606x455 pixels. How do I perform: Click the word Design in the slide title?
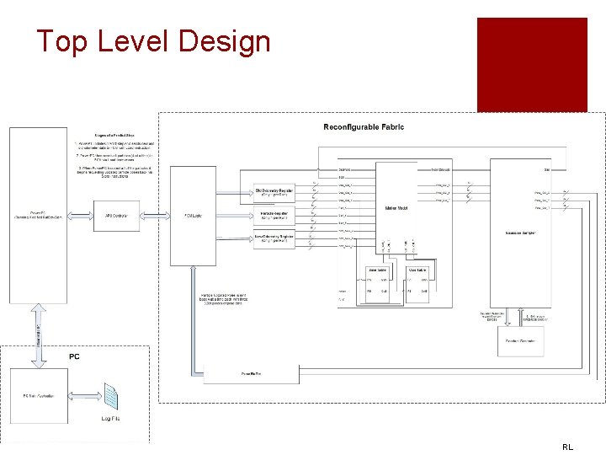[223, 41]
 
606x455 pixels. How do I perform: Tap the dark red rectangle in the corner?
[532, 64]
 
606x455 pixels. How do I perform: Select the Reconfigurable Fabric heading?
[364, 127]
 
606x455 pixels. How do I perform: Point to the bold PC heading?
[75, 356]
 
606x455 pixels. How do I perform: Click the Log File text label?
[110, 419]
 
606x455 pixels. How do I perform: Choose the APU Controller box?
[122, 216]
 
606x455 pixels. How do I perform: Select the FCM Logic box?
[193, 216]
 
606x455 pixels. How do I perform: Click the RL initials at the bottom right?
[567, 447]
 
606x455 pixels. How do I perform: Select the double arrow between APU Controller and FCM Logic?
[157, 216]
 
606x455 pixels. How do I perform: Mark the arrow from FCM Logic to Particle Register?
[234, 216]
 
